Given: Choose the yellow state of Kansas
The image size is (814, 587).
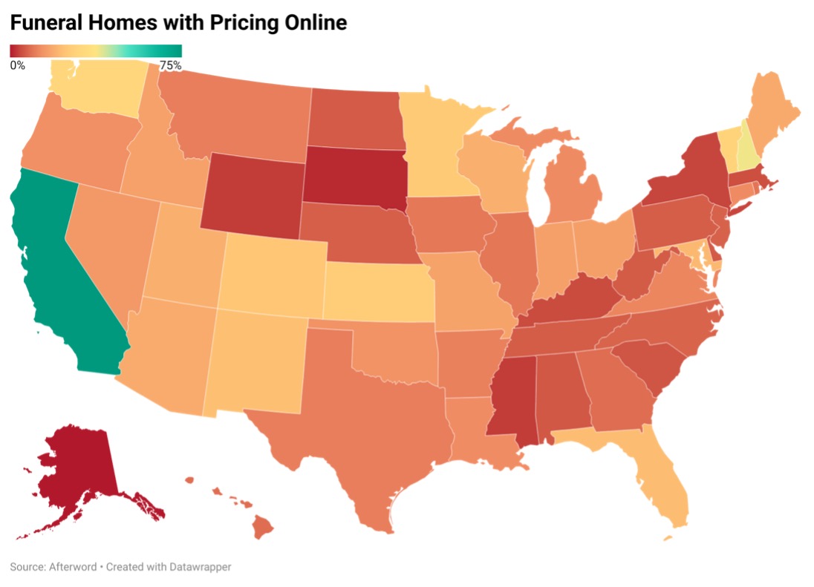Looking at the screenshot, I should (x=377, y=293).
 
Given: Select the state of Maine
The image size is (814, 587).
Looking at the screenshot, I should (x=772, y=111).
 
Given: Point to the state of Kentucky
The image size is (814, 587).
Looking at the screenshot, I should (x=576, y=297).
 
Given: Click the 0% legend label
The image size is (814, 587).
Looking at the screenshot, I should (x=18, y=65).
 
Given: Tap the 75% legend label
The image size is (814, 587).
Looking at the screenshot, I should (x=170, y=65).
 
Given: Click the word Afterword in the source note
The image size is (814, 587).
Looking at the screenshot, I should (x=72, y=567).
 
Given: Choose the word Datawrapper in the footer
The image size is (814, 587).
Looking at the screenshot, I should (x=198, y=567).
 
